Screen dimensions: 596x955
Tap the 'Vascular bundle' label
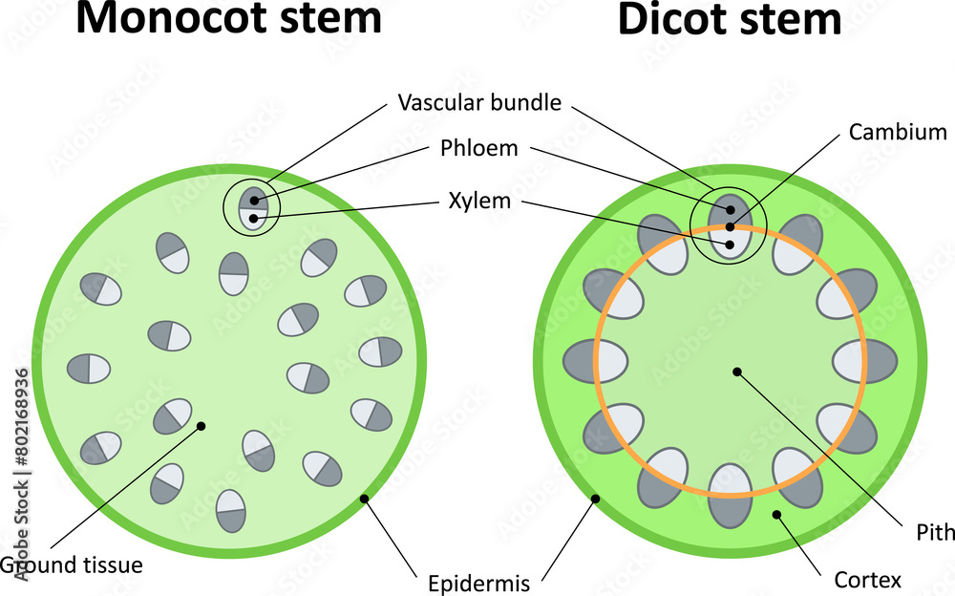479,101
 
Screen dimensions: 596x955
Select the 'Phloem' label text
479,149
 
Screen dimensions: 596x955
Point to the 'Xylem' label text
479,202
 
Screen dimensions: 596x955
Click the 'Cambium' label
898,134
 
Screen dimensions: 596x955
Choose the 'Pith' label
937,532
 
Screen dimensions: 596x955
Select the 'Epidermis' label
479,580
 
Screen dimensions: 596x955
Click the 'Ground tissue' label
72,564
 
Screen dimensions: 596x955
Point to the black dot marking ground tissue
201,426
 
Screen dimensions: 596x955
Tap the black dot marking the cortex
777,515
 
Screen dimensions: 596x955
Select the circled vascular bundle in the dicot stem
730,226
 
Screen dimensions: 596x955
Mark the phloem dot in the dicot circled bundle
731,209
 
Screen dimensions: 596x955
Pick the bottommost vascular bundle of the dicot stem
731,494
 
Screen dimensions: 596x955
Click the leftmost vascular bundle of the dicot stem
594,360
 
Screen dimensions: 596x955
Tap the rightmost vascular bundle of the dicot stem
865,361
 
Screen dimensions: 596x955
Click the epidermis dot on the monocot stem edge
363,499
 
